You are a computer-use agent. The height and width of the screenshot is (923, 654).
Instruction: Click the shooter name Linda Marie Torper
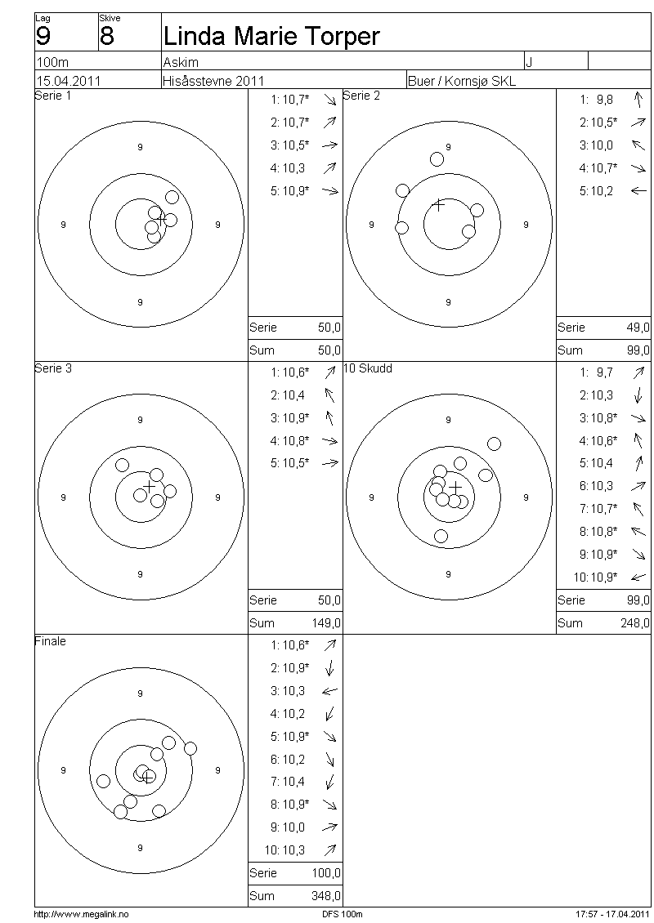tap(271, 37)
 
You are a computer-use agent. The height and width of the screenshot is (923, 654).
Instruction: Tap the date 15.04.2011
tap(69, 81)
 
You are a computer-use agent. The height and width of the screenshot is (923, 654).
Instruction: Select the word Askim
tap(181, 62)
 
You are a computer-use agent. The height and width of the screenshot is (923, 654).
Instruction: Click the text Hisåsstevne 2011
tap(214, 81)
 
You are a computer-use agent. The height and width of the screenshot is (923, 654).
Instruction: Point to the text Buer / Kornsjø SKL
tap(462, 81)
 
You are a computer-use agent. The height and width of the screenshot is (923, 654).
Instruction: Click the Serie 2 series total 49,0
tap(638, 328)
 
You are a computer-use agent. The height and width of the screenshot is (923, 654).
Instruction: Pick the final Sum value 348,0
tap(326, 896)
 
